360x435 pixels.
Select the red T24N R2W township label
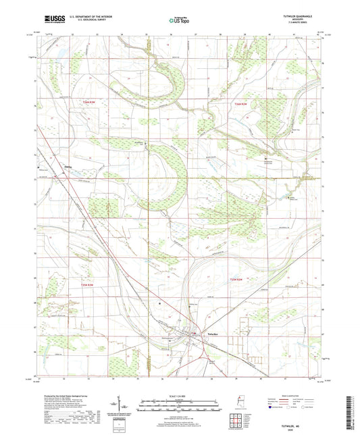click(x=242, y=103)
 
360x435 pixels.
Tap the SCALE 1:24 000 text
click(x=180, y=396)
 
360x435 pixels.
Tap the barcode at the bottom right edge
click(x=353, y=409)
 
